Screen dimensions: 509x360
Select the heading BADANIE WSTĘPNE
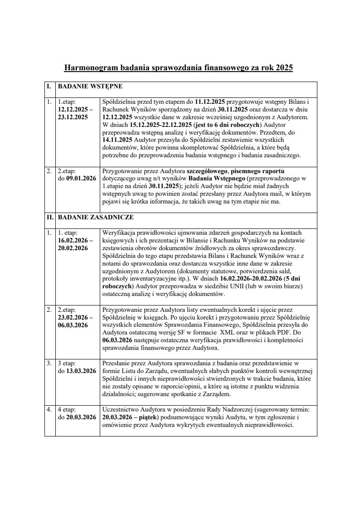pyautogui.click(x=90, y=85)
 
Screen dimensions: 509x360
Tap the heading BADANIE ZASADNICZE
pyautogui.click(x=95, y=218)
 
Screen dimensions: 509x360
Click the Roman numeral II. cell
pyautogui.click(x=50, y=218)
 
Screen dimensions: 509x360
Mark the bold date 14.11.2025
pyautogui.click(x=117, y=140)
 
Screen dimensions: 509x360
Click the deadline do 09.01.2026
pyautogui.click(x=77, y=179)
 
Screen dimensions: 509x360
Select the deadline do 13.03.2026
pyautogui.click(x=77, y=371)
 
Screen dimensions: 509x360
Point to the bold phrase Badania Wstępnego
pyautogui.click(x=215, y=179)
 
